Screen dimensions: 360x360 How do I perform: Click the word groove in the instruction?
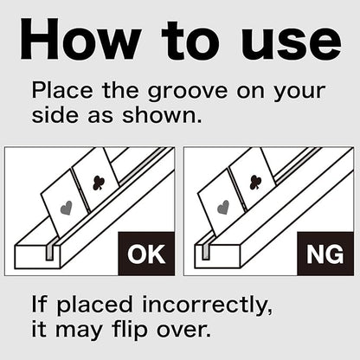(x=188, y=92)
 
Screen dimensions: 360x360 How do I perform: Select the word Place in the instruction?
(x=62, y=90)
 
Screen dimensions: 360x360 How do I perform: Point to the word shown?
(x=162, y=115)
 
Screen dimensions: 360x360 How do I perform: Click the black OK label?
(x=146, y=254)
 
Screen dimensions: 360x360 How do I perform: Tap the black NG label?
(x=325, y=254)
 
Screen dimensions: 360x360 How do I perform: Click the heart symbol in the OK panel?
(x=67, y=209)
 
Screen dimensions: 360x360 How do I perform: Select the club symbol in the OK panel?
(x=99, y=183)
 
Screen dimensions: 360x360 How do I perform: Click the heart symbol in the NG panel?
(x=222, y=208)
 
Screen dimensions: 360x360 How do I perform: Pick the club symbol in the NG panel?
(x=255, y=182)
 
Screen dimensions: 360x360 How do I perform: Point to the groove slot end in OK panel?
(x=49, y=253)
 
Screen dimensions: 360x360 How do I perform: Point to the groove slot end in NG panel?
(x=206, y=252)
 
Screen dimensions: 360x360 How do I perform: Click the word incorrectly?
(x=207, y=305)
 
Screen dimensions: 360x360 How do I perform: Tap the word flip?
(x=130, y=330)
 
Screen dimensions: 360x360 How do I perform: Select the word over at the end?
(x=183, y=331)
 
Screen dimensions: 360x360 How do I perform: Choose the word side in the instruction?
(x=55, y=115)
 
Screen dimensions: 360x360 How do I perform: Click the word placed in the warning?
(x=94, y=305)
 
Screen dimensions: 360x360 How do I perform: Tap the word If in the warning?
(x=39, y=304)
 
